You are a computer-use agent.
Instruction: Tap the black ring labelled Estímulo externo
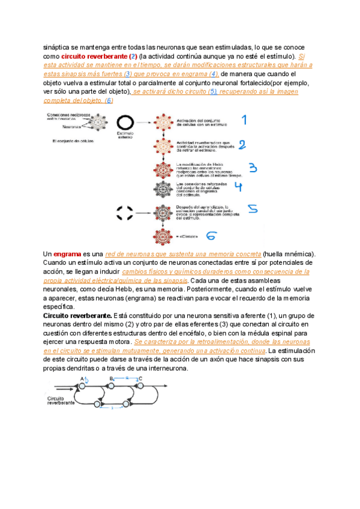tap(125, 122)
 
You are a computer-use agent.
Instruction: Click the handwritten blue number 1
tap(244, 121)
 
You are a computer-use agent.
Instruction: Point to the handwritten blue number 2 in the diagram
tap(242, 145)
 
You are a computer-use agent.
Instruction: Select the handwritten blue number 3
tap(253, 168)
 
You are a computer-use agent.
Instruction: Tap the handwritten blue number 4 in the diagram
tap(238, 187)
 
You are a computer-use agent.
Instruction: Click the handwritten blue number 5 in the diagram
tap(253, 209)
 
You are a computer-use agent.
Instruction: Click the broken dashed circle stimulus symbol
tap(125, 211)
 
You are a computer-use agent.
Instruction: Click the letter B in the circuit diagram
tap(112, 379)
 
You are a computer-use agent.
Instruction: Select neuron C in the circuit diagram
tap(141, 379)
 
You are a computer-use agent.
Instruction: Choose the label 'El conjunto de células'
tap(74, 141)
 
